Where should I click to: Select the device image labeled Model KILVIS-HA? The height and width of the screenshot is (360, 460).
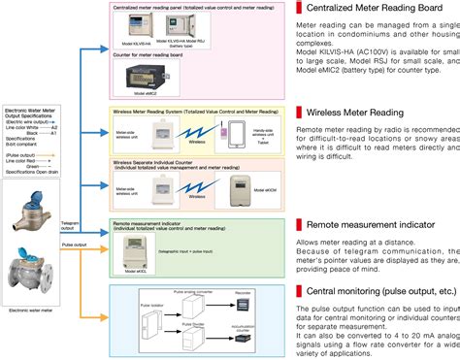pos(137,33)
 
